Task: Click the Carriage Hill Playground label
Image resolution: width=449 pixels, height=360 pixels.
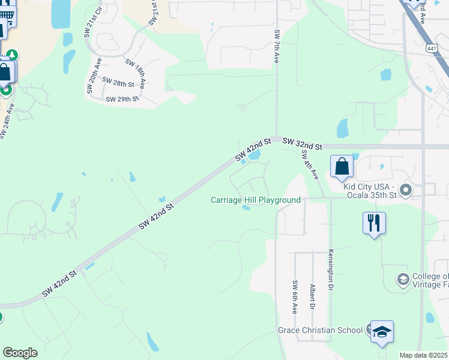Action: tap(255, 200)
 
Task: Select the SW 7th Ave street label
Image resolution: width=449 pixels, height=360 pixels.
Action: tap(277, 47)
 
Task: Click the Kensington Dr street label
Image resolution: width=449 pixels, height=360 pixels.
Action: tap(330, 270)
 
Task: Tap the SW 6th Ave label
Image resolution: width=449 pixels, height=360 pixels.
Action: tap(295, 297)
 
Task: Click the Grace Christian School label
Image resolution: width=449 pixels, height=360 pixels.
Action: tap(320, 330)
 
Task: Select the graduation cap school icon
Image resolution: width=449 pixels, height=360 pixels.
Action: tap(382, 332)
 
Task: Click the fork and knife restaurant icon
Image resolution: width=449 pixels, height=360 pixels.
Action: tap(374, 223)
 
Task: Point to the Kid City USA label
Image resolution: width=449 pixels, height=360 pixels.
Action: tap(370, 191)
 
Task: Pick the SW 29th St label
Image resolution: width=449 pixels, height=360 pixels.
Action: tap(122, 98)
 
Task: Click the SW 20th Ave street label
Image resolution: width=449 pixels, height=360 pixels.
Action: tap(92, 76)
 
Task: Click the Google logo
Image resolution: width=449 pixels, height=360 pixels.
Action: tap(20, 352)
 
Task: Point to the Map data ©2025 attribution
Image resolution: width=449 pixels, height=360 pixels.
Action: tap(423, 355)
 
